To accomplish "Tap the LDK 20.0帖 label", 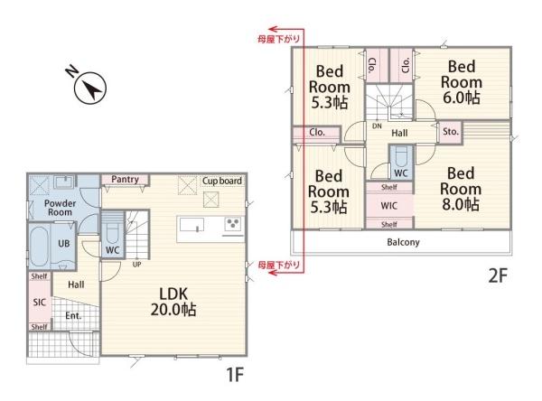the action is [173, 302].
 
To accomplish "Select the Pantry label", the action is [125, 180].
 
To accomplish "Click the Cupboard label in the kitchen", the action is [222, 181].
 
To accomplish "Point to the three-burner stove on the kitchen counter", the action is [233, 224].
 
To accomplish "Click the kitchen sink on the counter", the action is [192, 226].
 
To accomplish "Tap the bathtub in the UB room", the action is [39, 246].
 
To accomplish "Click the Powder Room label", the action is [61, 208].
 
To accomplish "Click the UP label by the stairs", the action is [137, 265].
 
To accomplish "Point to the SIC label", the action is [40, 303].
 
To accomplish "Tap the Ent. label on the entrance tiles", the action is [73, 315].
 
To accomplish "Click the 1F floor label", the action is [235, 375].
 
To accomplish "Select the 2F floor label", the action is [498, 275].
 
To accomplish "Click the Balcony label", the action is [403, 242].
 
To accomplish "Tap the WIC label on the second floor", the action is [388, 206].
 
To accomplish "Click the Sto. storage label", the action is [451, 131].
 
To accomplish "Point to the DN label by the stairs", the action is [377, 126].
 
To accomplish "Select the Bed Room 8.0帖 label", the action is [461, 189].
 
